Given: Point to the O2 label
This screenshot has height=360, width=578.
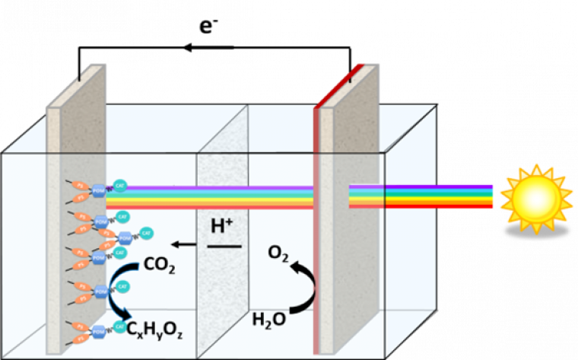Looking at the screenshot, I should coord(278,252).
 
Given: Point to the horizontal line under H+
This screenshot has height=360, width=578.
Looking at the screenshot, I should coord(224,246).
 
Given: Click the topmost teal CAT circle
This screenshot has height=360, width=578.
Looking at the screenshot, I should coord(120,184).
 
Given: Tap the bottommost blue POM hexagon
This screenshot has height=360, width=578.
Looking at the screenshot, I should coord(100,331).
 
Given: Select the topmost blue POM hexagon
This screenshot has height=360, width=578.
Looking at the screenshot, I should coord(100,193).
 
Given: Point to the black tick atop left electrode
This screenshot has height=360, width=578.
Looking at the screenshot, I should coord(80,76).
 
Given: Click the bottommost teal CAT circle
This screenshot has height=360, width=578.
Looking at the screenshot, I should coord(119,326).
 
